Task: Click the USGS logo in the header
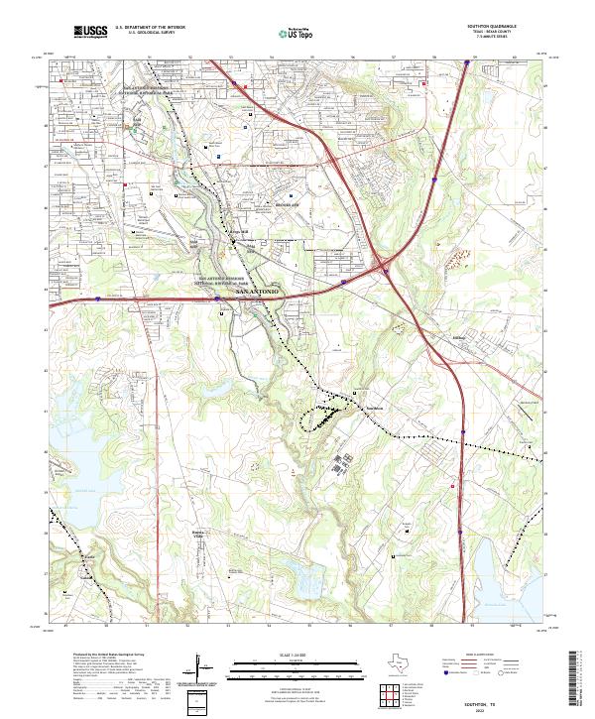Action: (90, 32)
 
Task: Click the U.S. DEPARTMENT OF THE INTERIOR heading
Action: (150, 27)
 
